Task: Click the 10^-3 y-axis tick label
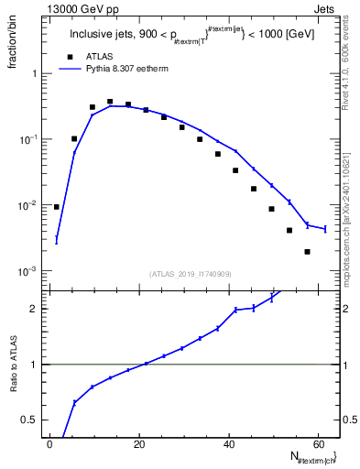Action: tap(27, 272)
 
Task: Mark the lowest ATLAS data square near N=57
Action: tap(307, 252)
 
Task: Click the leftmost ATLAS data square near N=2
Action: tap(57, 207)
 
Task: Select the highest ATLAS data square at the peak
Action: tap(110, 102)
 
